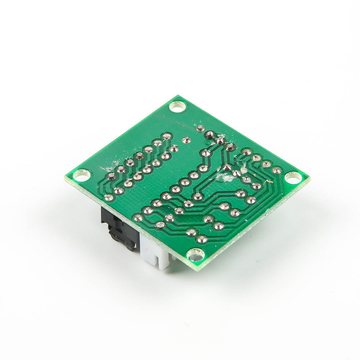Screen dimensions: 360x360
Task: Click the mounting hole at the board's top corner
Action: click(178, 106)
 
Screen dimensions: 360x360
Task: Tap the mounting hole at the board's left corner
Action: click(82, 176)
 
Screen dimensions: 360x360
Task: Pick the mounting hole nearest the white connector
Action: click(196, 255)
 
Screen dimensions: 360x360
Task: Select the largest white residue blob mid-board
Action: click(225, 176)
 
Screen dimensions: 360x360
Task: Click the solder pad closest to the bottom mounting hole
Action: click(202, 239)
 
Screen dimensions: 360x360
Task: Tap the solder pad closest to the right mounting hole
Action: click(276, 170)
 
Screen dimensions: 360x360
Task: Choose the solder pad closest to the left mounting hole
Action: click(111, 176)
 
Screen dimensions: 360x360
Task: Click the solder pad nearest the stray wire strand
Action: click(256, 186)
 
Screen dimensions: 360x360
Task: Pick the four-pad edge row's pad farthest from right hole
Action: click(247, 152)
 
